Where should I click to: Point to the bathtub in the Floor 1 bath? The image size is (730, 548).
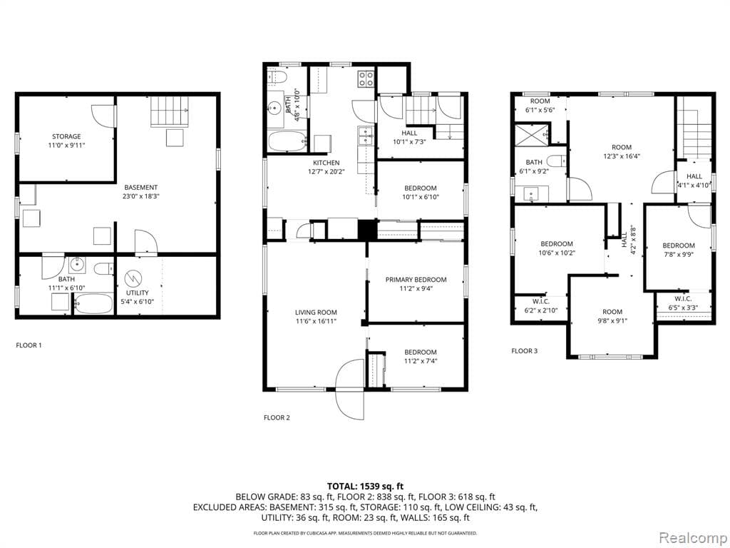coord(93,306)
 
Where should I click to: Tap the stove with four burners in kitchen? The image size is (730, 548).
coord(366,78)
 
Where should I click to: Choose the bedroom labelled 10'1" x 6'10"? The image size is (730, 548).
coord(420,193)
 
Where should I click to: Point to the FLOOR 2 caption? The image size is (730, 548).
coord(277,417)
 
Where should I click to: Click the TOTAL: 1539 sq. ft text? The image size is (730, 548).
coord(365,485)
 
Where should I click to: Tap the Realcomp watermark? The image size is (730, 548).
coord(692,536)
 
